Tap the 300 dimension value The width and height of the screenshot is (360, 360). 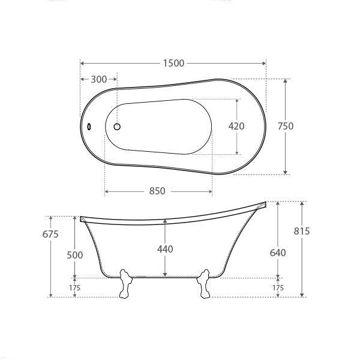click(x=99, y=79)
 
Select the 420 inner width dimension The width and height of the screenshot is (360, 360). click(x=237, y=126)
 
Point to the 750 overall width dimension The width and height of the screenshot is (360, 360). click(x=286, y=126)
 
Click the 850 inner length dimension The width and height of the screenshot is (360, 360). click(x=157, y=191)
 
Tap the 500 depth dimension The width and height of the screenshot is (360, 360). click(x=75, y=255)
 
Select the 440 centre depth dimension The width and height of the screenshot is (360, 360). click(x=166, y=248)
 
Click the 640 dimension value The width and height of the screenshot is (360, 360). click(x=278, y=253)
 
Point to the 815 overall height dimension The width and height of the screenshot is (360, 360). click(x=302, y=231)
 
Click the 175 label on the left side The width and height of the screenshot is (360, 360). click(x=75, y=288)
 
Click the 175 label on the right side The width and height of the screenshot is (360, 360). click(x=278, y=288)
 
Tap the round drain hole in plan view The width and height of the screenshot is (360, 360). click(x=118, y=127)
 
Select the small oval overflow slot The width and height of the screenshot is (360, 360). click(x=89, y=127)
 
